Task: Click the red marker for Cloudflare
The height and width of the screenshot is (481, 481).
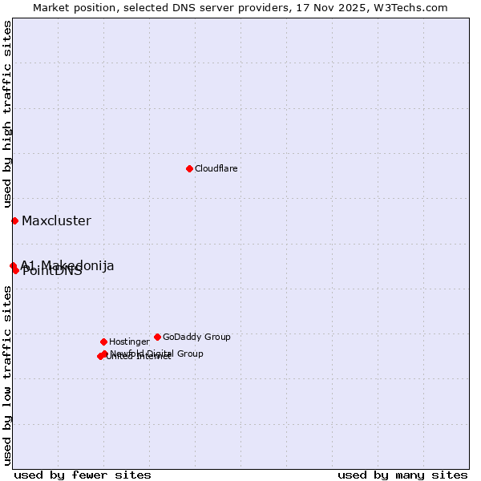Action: (x=189, y=168)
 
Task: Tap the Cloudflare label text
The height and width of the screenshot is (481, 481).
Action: (x=216, y=168)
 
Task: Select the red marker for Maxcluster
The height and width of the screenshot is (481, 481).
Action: (x=14, y=220)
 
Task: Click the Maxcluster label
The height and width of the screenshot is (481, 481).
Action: (x=56, y=221)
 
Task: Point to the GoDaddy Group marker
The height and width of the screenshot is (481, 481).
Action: (x=157, y=337)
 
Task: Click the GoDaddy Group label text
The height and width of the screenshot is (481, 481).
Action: (x=196, y=337)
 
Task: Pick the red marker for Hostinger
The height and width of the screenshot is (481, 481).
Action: (x=103, y=342)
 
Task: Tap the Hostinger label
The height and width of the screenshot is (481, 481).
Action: (x=129, y=342)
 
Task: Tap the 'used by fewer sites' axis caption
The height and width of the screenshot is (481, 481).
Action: (x=83, y=475)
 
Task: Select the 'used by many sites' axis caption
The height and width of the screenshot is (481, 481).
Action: (x=402, y=475)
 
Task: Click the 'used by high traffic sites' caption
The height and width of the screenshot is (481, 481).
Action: (x=7, y=115)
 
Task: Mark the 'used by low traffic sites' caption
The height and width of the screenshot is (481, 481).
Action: (x=7, y=375)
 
